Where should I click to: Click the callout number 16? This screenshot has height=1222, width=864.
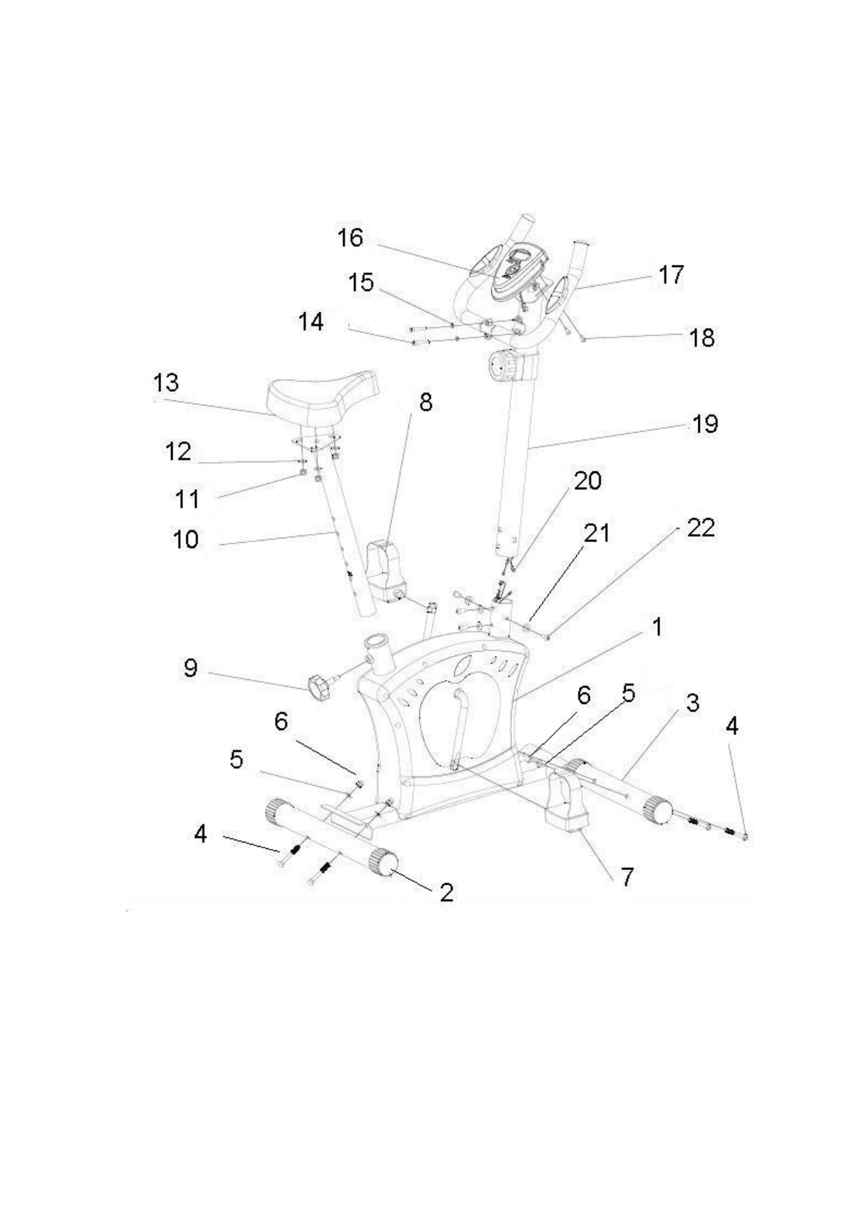point(350,238)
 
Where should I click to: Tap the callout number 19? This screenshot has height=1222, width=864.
point(704,424)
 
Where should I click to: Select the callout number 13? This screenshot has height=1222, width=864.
point(166,382)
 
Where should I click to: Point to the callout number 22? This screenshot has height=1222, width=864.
point(700,528)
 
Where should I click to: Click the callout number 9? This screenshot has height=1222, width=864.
point(190,668)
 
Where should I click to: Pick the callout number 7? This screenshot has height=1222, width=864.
point(628,877)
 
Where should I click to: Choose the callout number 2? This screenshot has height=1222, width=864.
point(446,892)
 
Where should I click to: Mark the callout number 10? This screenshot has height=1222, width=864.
point(186,539)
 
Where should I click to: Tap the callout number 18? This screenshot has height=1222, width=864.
point(702,338)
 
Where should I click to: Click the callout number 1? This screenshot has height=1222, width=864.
point(657,627)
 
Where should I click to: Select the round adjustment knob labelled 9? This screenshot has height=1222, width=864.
point(318,686)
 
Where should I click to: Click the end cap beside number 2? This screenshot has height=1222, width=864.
point(384,863)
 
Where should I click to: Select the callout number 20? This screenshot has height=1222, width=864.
point(588,480)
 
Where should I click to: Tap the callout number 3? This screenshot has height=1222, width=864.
point(693,703)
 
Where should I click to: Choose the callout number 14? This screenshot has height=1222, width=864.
point(311,321)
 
